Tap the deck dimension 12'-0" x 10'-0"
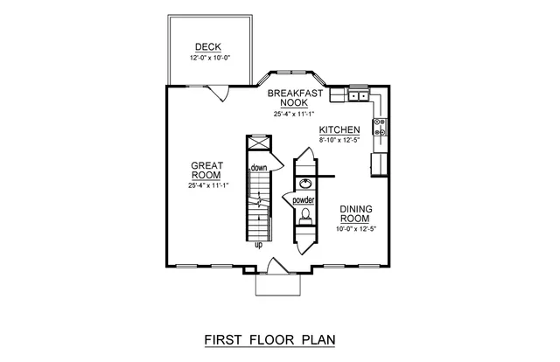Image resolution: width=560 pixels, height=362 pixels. pyautogui.click(x=207, y=59)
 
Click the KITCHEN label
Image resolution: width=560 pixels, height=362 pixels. pyautogui.click(x=339, y=129)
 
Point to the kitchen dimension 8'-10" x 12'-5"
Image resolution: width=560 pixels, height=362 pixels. pyautogui.click(x=339, y=140)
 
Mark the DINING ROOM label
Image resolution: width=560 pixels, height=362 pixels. pyautogui.click(x=360, y=213)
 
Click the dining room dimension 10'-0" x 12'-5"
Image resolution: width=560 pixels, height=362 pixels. pyautogui.click(x=360, y=229)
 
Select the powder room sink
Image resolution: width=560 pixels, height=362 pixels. pyautogui.click(x=304, y=184)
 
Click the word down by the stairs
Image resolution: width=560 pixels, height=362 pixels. pyautogui.click(x=258, y=167)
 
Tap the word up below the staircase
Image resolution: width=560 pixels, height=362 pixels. pyautogui.click(x=258, y=245)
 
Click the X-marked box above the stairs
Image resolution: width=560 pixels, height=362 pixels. pyautogui.click(x=257, y=144)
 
